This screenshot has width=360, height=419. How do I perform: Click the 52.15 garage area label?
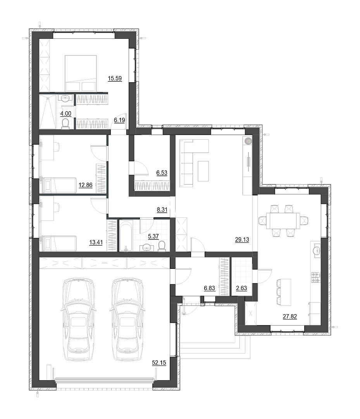159,363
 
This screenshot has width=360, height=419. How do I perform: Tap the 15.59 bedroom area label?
115,78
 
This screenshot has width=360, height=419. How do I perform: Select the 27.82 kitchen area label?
290,317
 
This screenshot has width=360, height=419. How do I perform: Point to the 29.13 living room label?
242,240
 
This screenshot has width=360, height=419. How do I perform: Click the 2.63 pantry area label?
241,288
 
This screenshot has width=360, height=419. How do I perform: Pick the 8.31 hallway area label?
162,210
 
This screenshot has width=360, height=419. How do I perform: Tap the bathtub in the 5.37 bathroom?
126,236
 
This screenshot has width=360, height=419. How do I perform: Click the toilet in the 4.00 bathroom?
65,124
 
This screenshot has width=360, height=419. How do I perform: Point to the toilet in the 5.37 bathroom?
162,246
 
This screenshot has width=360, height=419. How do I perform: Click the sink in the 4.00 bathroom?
65,99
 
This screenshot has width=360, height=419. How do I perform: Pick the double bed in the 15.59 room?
81,73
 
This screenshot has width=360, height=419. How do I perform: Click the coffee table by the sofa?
203,171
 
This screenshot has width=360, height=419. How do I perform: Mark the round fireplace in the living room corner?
248,140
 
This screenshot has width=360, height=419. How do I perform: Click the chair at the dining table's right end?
305,221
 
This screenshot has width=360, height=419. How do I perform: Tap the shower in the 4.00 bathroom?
48,112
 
